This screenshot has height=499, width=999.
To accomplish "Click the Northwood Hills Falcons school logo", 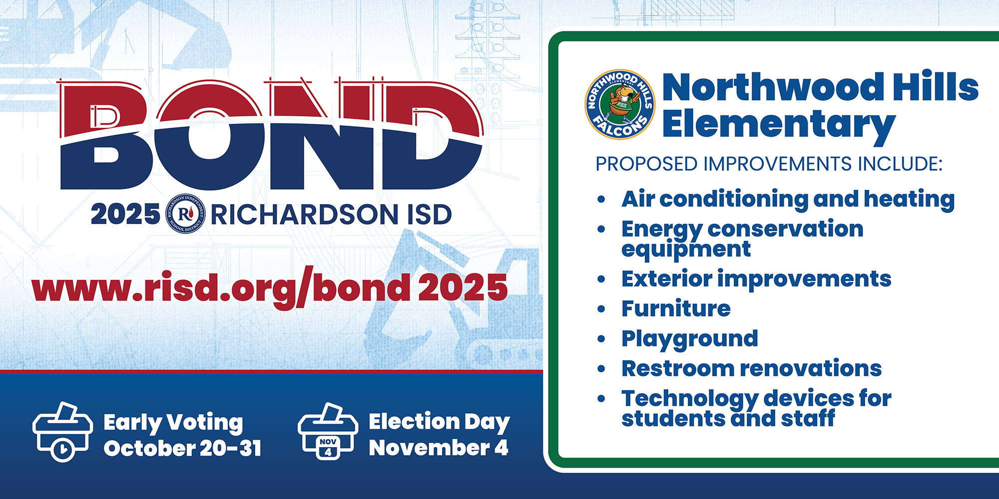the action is pyautogui.click(x=619, y=104).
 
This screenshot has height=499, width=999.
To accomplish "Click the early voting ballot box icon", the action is pyautogui.click(x=62, y=432).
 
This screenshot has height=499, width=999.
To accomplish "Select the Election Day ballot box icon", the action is pyautogui.click(x=328, y=432).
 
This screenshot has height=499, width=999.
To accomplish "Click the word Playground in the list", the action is pyautogui.click(x=690, y=339).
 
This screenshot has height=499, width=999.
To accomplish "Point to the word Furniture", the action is pyautogui.click(x=676, y=308).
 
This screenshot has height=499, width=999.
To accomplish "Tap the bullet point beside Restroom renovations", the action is pyautogui.click(x=601, y=369).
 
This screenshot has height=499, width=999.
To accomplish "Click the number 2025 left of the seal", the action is pyautogui.click(x=125, y=215).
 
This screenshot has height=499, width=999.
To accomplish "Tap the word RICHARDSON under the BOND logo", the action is pyautogui.click(x=304, y=215).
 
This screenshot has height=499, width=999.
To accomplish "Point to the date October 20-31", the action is pyautogui.click(x=182, y=448).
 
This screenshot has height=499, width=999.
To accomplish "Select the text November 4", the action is pyautogui.click(x=439, y=448).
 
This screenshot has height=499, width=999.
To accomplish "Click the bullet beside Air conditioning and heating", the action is pyautogui.click(x=601, y=199).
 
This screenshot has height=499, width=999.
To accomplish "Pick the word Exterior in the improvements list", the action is pyautogui.click(x=667, y=279).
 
